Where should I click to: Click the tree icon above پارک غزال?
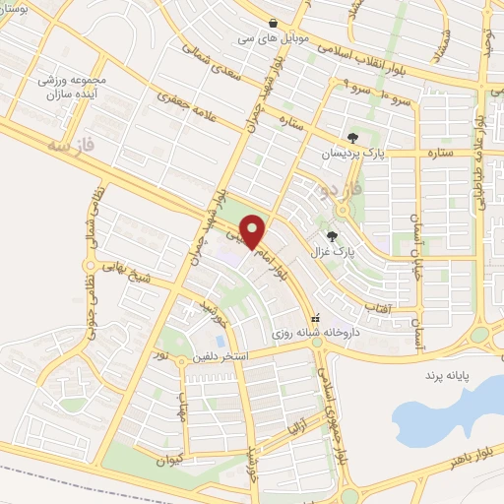332,235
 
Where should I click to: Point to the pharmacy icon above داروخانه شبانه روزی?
315,319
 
